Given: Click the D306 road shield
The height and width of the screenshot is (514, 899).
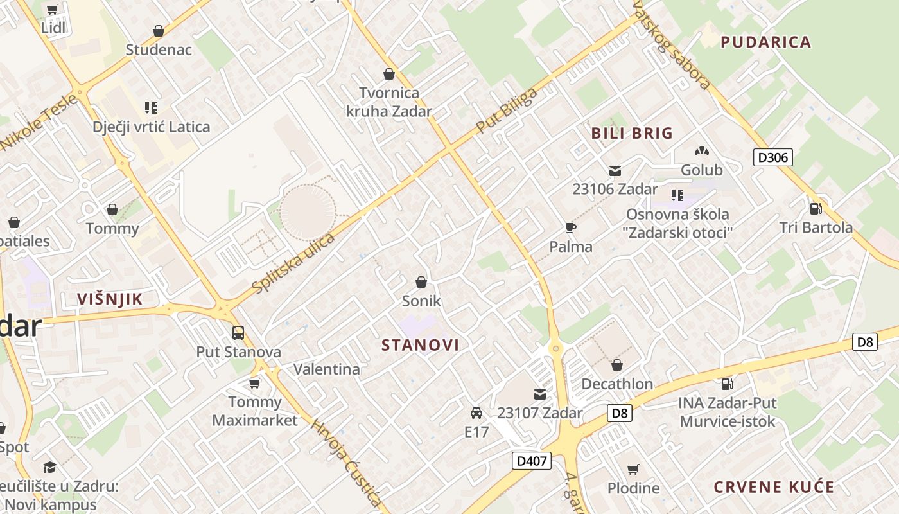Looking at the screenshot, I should click(x=773, y=157).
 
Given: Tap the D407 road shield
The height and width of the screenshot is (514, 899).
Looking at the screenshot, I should click(x=532, y=460).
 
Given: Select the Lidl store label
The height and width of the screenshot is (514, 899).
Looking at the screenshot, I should click(x=53, y=28).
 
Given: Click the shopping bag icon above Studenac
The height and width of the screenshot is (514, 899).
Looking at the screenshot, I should click(x=159, y=31).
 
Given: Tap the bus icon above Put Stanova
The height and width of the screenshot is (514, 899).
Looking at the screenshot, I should click(x=238, y=333).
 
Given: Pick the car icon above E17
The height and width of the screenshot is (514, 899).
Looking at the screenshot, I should click(x=476, y=412).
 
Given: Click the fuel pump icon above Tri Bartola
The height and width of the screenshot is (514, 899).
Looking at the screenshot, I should click(x=816, y=208).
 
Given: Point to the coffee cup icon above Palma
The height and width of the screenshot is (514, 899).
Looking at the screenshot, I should click(x=570, y=227).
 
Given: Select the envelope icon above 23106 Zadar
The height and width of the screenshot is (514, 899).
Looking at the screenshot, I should click(x=615, y=170).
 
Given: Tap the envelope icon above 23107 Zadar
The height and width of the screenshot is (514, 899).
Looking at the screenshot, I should click(x=539, y=394).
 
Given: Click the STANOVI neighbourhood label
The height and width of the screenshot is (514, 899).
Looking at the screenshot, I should click(x=421, y=345).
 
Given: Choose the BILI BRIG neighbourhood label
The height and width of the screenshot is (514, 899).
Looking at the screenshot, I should click(x=632, y=134).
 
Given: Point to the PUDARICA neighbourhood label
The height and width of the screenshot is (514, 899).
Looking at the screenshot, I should click(x=765, y=42).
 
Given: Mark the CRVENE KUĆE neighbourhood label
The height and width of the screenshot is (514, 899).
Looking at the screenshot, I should click(x=774, y=486).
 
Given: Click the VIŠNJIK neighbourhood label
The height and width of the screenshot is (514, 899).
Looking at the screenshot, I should click(x=109, y=299).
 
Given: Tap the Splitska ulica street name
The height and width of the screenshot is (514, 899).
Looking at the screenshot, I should click(x=294, y=263).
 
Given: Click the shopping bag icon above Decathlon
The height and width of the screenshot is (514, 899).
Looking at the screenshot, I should click(x=617, y=365).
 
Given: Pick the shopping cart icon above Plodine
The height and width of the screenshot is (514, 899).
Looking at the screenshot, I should click(x=633, y=469).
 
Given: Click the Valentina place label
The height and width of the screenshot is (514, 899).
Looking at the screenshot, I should click(x=326, y=369).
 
